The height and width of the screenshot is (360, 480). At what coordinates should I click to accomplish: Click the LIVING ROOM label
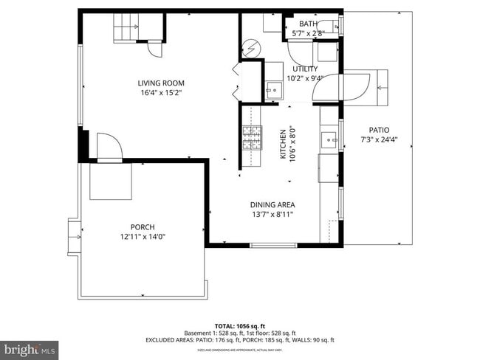pyautogui.click(x=160, y=83)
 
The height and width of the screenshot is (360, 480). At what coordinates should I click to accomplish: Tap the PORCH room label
pyautogui.click(x=143, y=227)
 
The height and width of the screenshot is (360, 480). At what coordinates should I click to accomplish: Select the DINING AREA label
pyautogui.click(x=272, y=204)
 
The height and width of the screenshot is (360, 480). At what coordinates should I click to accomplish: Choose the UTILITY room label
pyautogui.click(x=305, y=69)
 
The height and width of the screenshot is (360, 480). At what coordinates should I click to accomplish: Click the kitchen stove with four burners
pyautogui.click(x=252, y=138)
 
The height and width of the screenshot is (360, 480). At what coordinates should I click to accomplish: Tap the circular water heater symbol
pyautogui.click(x=250, y=48)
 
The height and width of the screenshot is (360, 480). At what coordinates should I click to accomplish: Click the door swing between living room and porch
pyautogui.click(x=109, y=148)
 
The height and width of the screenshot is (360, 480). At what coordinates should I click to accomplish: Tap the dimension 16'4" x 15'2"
pyautogui.click(x=160, y=93)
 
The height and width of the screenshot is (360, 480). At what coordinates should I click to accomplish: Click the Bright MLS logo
pyautogui.click(x=30, y=347)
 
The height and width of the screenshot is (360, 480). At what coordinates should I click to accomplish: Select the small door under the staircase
pyautogui.click(x=155, y=49)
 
